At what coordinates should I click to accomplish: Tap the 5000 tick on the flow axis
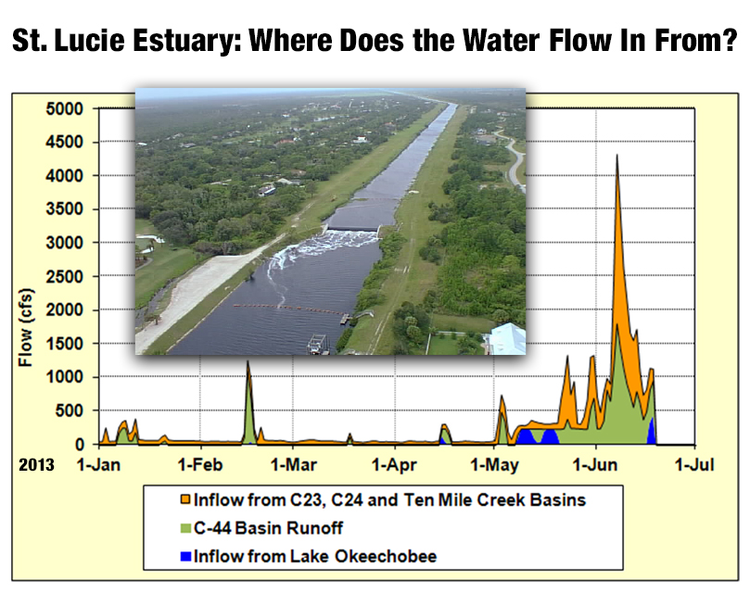(65, 109)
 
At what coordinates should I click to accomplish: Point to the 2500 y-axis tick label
(65, 276)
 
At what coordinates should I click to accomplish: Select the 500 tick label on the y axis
(70, 410)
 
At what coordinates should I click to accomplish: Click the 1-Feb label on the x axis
(200, 464)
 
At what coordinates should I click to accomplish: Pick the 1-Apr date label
(394, 464)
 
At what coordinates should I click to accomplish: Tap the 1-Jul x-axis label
(694, 464)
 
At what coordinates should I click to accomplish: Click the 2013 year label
(36, 464)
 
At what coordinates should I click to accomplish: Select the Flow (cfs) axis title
(25, 328)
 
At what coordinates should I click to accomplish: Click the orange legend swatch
(185, 499)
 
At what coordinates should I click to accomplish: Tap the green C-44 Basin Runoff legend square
(185, 528)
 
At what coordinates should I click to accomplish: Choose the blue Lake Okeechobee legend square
(185, 557)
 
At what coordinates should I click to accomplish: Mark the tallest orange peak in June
(617, 155)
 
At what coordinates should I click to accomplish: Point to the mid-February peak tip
(248, 361)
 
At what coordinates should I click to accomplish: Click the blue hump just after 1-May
(526, 436)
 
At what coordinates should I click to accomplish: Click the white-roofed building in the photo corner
(508, 339)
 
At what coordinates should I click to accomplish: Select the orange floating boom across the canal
(287, 309)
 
